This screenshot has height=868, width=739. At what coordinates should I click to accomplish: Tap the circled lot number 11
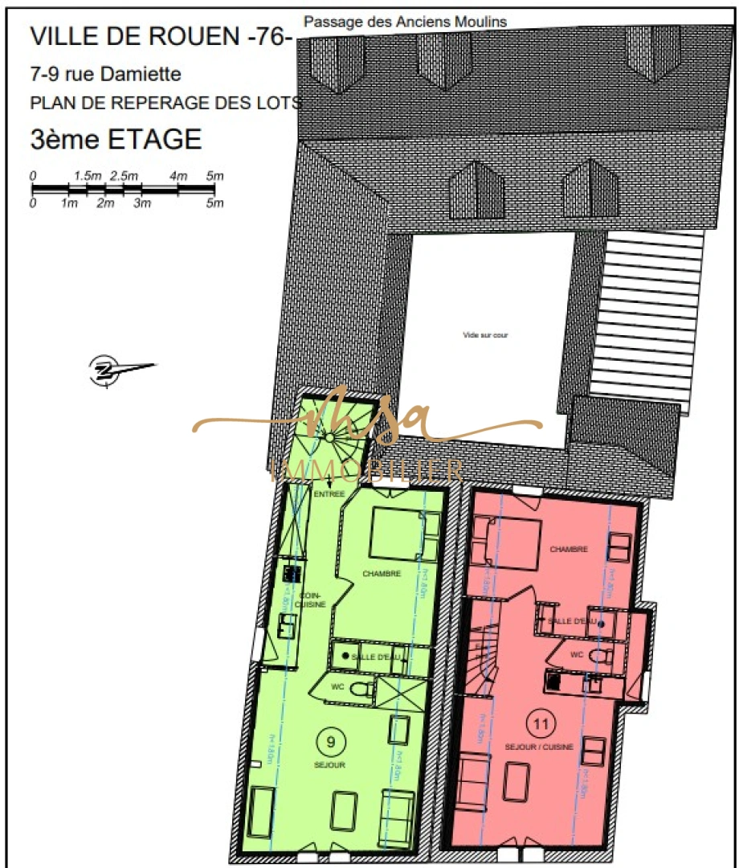click(x=541, y=723)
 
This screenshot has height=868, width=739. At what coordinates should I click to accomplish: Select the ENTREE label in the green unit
click(x=329, y=493)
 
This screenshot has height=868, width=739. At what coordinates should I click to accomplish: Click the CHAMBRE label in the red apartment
click(x=569, y=550)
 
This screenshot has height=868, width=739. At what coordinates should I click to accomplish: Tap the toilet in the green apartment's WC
click(x=362, y=689)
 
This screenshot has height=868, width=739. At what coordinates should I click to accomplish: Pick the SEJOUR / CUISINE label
click(x=539, y=747)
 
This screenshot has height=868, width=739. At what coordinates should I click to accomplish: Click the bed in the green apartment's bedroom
click(x=397, y=534)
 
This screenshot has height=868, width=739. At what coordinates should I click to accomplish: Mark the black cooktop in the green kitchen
click(x=290, y=573)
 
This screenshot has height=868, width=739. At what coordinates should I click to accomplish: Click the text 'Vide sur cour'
click(x=485, y=334)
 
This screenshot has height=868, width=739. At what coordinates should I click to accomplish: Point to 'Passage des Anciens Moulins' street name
click(x=406, y=22)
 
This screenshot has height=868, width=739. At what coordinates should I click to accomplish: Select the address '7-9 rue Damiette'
click(x=105, y=76)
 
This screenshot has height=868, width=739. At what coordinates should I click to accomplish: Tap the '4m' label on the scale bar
click(x=178, y=176)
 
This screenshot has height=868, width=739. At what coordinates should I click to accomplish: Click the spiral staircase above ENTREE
click(x=328, y=437)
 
